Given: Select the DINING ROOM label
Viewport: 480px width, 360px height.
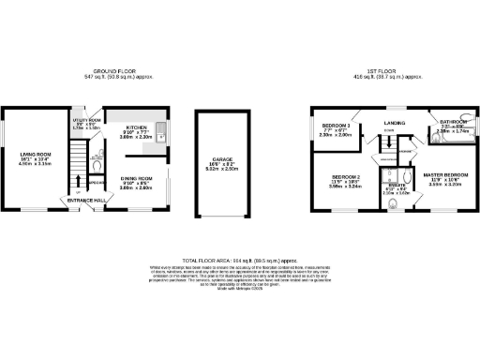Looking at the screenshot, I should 137,177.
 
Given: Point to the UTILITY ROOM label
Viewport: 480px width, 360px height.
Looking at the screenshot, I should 85,121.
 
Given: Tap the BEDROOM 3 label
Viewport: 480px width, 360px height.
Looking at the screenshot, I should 336,126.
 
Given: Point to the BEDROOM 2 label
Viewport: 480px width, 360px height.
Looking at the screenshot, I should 344,176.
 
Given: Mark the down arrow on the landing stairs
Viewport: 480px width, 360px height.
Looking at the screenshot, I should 384,141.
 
